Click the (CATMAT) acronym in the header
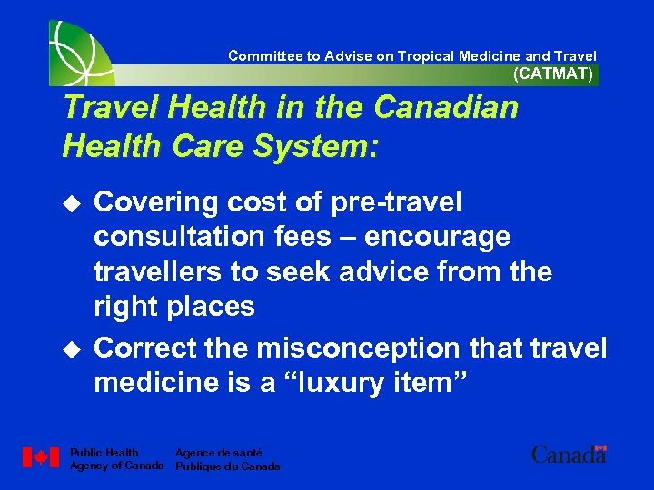[x=552, y=74]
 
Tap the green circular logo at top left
[x=83, y=52]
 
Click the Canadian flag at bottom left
[x=40, y=457]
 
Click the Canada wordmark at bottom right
[x=569, y=454]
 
